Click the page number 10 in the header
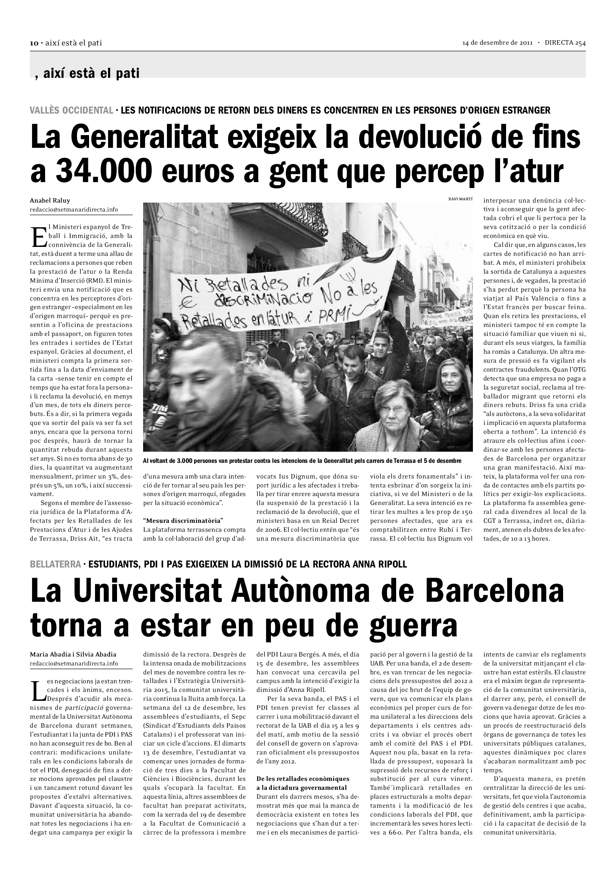pyautogui.click(x=34, y=43)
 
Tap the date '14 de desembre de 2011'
pyautogui.click(x=497, y=43)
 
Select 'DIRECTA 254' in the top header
pyautogui.click(x=565, y=43)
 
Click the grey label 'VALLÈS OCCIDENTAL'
pyautogui.click(x=71, y=110)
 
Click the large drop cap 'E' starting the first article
pyautogui.click(x=39, y=237)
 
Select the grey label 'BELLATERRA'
pyautogui.click(x=56, y=564)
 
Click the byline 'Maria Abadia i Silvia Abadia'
pyautogui.click(x=73, y=654)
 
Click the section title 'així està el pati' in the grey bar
pyautogui.click(x=91, y=73)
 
